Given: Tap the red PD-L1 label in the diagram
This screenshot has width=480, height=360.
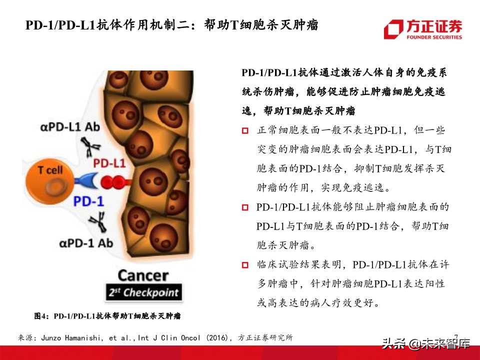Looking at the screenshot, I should [x=110, y=163].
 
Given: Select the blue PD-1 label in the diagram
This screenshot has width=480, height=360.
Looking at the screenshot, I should [x=88, y=201].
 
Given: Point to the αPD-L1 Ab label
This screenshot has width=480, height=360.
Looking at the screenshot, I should [x=70, y=126].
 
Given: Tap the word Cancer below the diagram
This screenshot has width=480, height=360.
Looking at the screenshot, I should [x=142, y=275].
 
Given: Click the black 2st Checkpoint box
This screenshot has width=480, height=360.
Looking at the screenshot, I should [x=143, y=292].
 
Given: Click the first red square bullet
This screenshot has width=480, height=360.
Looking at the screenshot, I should [x=245, y=131].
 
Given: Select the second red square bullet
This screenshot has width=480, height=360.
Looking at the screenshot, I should [x=245, y=207].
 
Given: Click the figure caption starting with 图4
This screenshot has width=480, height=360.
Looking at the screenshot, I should [x=107, y=316].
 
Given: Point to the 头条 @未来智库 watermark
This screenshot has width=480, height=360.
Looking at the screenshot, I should [x=426, y=344].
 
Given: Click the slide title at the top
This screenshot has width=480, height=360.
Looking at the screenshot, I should [x=172, y=25].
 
